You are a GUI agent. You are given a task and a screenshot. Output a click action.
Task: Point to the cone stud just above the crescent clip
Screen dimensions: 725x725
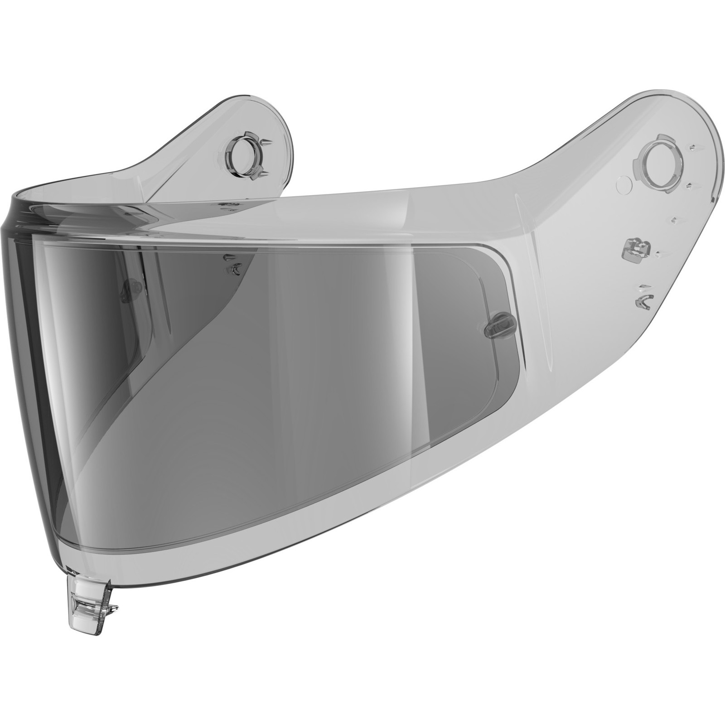pos(227,257)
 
